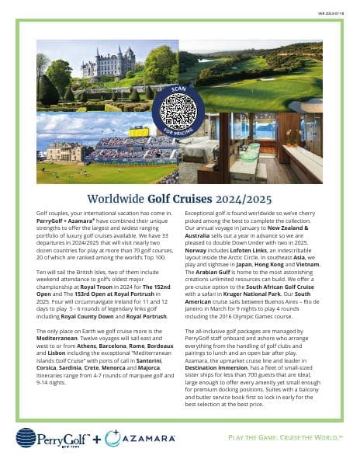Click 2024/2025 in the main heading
pos(244,199)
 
